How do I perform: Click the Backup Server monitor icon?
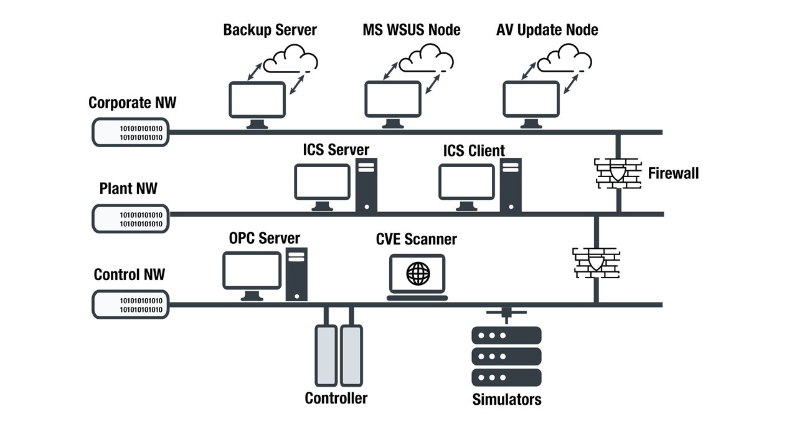(x=257, y=100)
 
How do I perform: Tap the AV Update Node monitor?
(x=531, y=100)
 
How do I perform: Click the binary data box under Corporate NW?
(x=131, y=132)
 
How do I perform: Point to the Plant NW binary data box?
(x=131, y=219)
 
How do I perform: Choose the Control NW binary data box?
(x=131, y=305)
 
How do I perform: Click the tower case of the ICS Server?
(x=366, y=185)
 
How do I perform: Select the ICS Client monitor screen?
(x=467, y=181)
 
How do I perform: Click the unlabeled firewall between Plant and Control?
(x=595, y=263)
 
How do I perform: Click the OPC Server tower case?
(x=296, y=274)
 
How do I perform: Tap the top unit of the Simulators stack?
(x=506, y=336)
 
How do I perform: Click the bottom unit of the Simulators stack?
(x=506, y=377)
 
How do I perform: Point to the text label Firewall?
(x=673, y=173)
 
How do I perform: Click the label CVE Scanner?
(x=416, y=239)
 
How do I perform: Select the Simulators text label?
(x=506, y=399)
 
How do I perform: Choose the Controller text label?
(x=336, y=398)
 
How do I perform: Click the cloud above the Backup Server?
(x=290, y=61)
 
